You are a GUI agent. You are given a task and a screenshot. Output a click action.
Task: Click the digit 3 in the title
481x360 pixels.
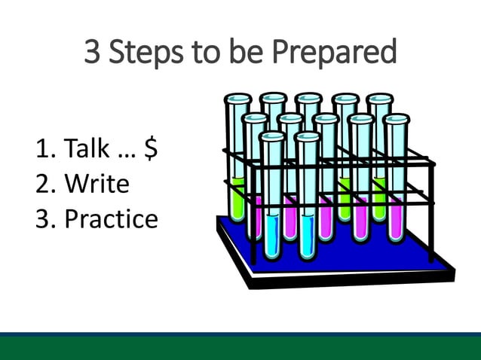pyautogui.click(x=92, y=53)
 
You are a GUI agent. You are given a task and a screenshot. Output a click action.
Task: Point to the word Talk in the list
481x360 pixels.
pyautogui.click(x=87, y=149)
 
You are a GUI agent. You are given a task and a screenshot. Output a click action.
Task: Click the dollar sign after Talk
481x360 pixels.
pyautogui.click(x=150, y=149)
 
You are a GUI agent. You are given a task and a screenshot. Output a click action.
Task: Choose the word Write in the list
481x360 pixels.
pyautogui.click(x=97, y=184)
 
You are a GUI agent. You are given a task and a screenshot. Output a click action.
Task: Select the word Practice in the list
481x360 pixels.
pyautogui.click(x=111, y=218)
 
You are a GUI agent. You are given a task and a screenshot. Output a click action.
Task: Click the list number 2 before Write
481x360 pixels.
pyautogui.click(x=42, y=184)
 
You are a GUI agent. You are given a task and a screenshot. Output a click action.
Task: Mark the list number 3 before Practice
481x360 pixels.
pyautogui.click(x=42, y=218)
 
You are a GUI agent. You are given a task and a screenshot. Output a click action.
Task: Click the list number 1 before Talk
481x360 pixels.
pyautogui.click(x=42, y=149)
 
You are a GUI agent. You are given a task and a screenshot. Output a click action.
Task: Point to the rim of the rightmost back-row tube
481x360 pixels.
pyautogui.click(x=379, y=98)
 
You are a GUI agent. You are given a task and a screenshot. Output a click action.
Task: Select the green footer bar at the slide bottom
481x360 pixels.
pyautogui.click(x=240, y=348)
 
